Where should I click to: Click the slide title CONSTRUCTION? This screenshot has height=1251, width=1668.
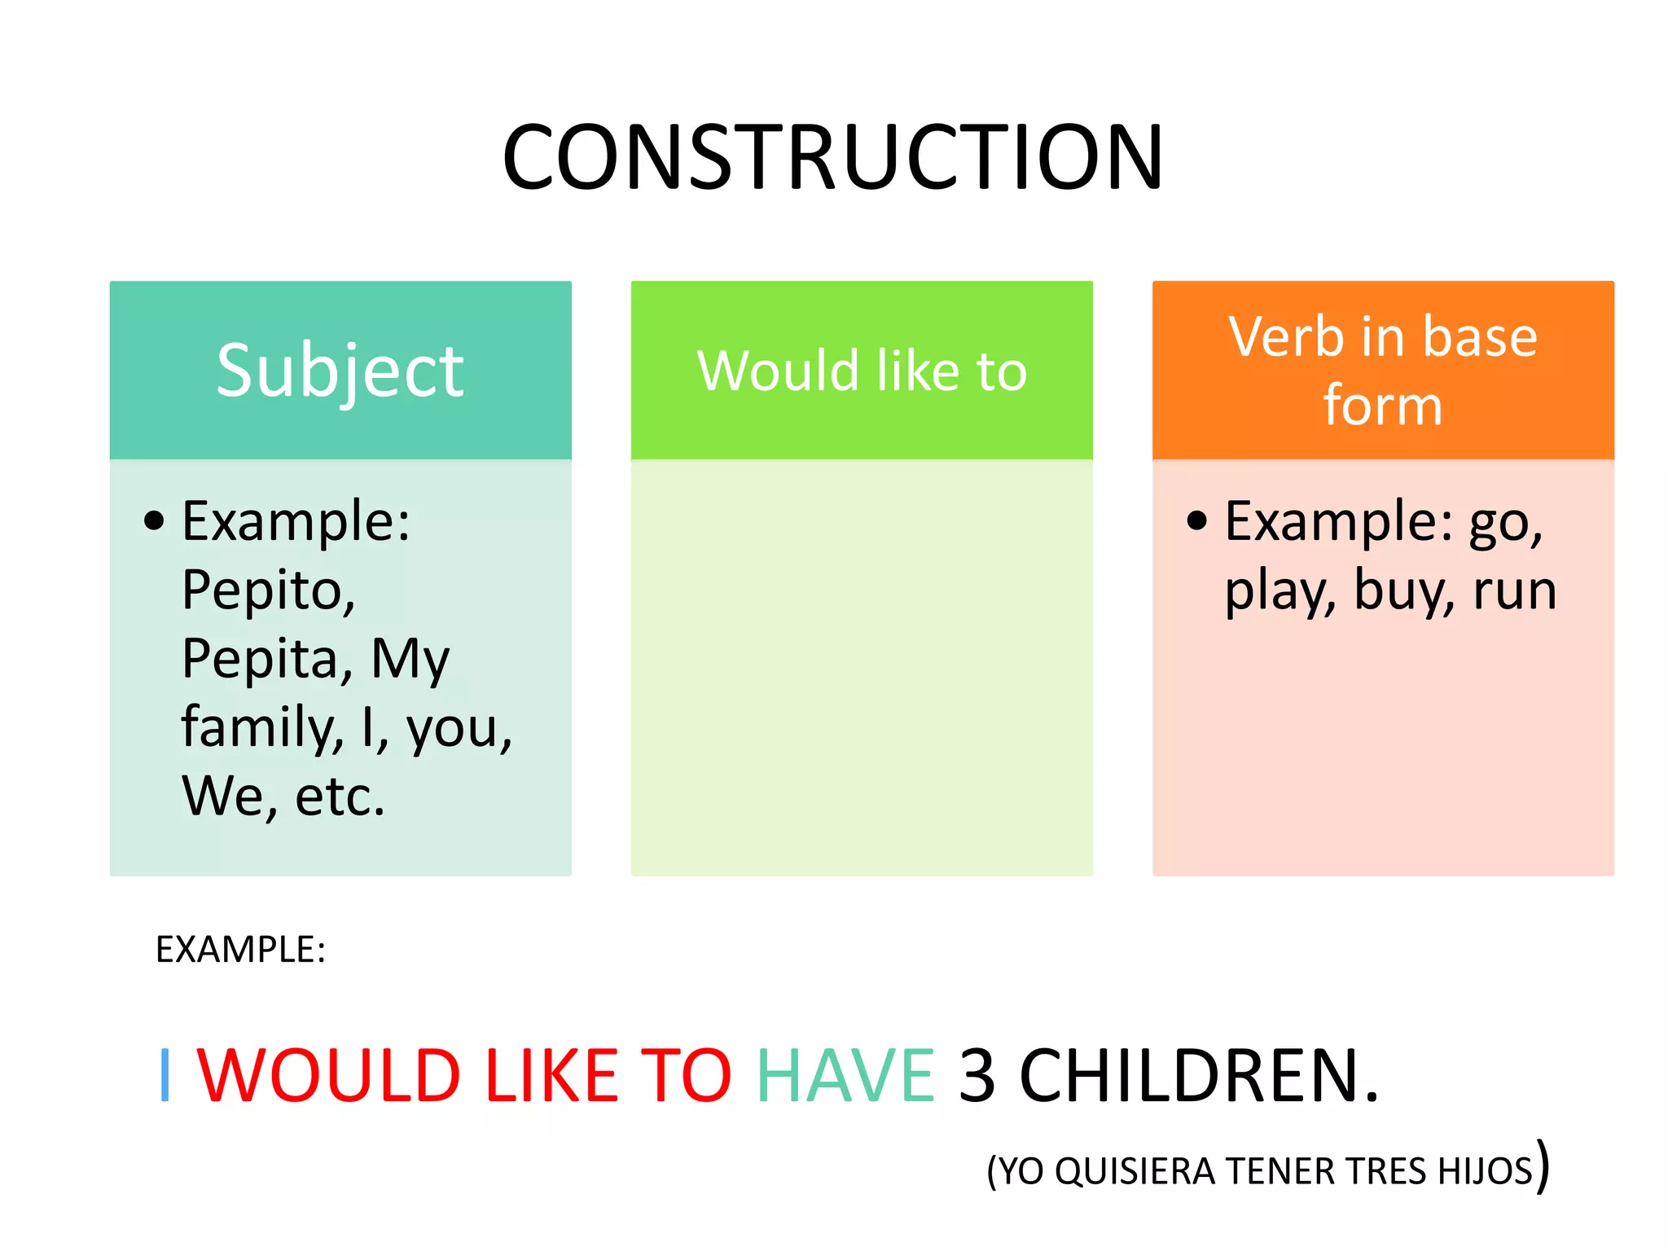pyautogui.click(x=832, y=157)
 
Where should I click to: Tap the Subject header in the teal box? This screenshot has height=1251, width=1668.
pyautogui.click(x=340, y=371)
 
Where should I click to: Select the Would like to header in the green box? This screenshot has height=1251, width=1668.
pyautogui.click(x=862, y=371)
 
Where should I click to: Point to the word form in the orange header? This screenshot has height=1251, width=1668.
pyautogui.click(x=1382, y=405)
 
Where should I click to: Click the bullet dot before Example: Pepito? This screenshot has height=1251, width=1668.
pyautogui.click(x=154, y=520)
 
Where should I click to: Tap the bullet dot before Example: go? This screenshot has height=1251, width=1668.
pyautogui.click(x=1196, y=520)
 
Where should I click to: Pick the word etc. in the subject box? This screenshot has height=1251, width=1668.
pyautogui.click(x=340, y=796)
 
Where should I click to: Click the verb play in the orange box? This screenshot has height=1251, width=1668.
pyautogui.click(x=1280, y=591)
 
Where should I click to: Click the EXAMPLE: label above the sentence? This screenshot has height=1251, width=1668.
pyautogui.click(x=240, y=950)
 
